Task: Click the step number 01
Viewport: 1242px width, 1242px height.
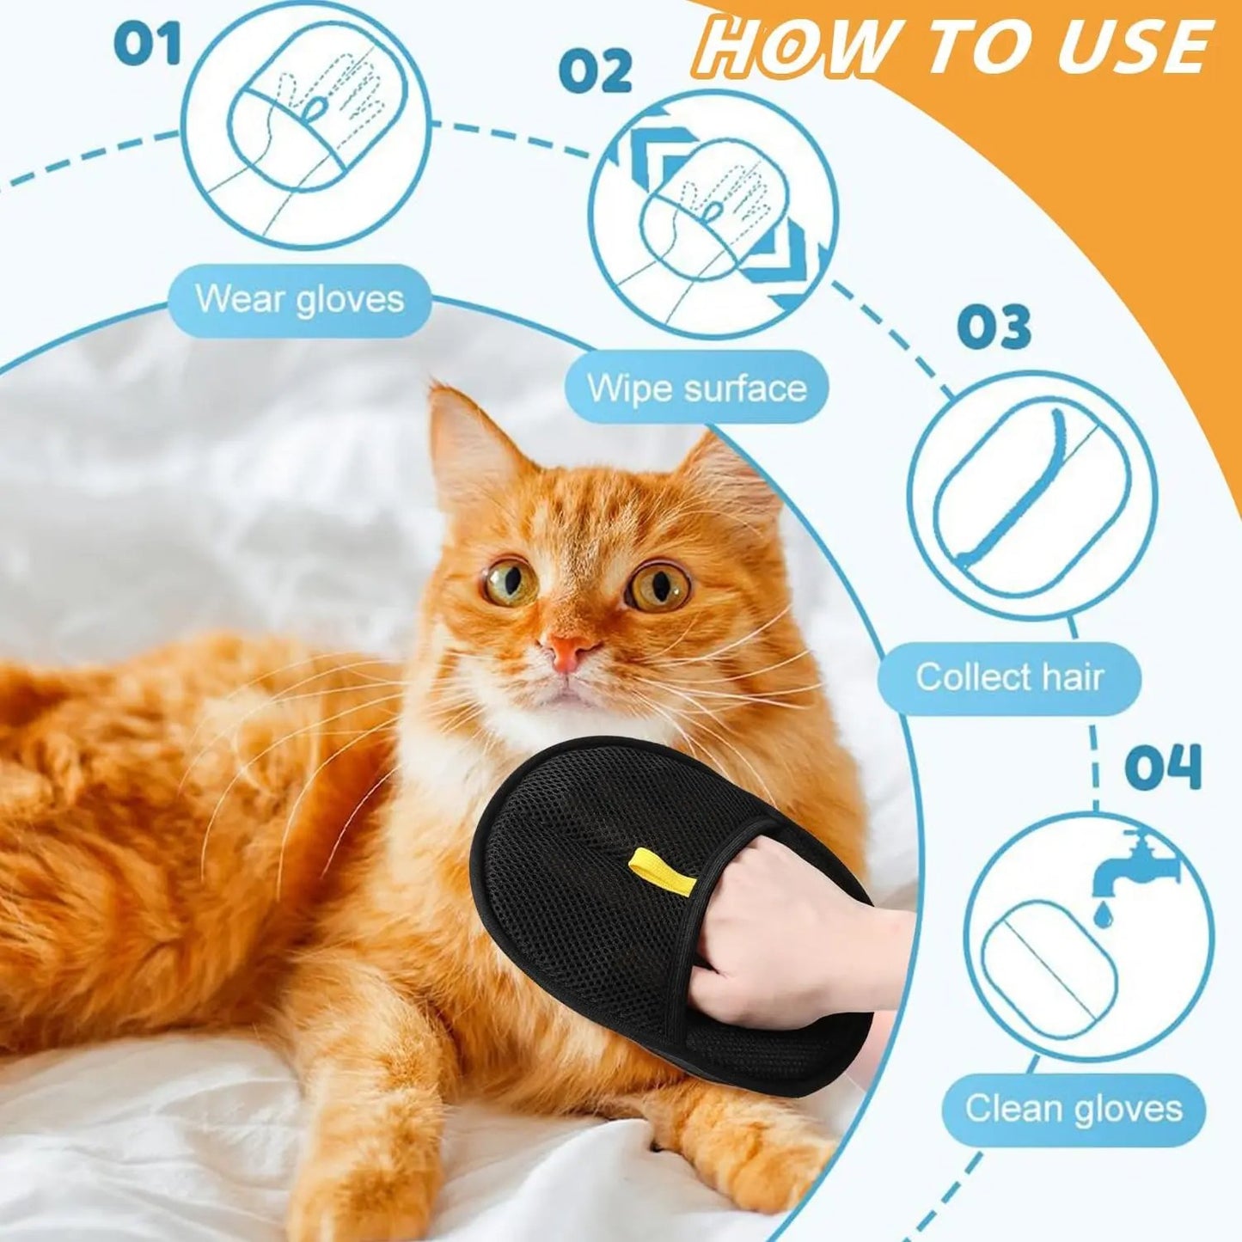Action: pyautogui.click(x=148, y=44)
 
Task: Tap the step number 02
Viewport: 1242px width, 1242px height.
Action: pyautogui.click(x=595, y=71)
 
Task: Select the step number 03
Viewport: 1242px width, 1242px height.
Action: pyautogui.click(x=994, y=327)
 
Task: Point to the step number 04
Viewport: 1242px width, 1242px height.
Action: pyautogui.click(x=1162, y=768)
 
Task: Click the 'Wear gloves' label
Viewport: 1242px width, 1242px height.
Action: pyautogui.click(x=299, y=300)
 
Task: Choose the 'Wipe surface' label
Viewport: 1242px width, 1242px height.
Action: pyautogui.click(x=697, y=389)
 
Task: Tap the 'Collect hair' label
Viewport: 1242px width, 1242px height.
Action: pyautogui.click(x=1009, y=677)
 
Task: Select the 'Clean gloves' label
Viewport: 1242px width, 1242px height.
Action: pyautogui.click(x=1074, y=1108)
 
